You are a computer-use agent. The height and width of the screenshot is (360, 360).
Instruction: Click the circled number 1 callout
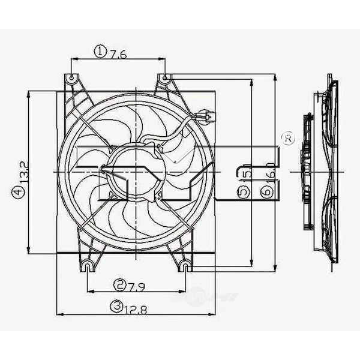[x=100, y=52]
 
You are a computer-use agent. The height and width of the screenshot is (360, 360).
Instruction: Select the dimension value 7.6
[x=118, y=53]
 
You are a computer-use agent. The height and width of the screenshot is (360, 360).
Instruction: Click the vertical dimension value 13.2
[x=22, y=172]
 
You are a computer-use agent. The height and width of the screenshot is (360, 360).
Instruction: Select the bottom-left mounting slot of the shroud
[x=88, y=265]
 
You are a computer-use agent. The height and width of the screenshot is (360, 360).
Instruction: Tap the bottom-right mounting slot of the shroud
[x=185, y=265]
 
